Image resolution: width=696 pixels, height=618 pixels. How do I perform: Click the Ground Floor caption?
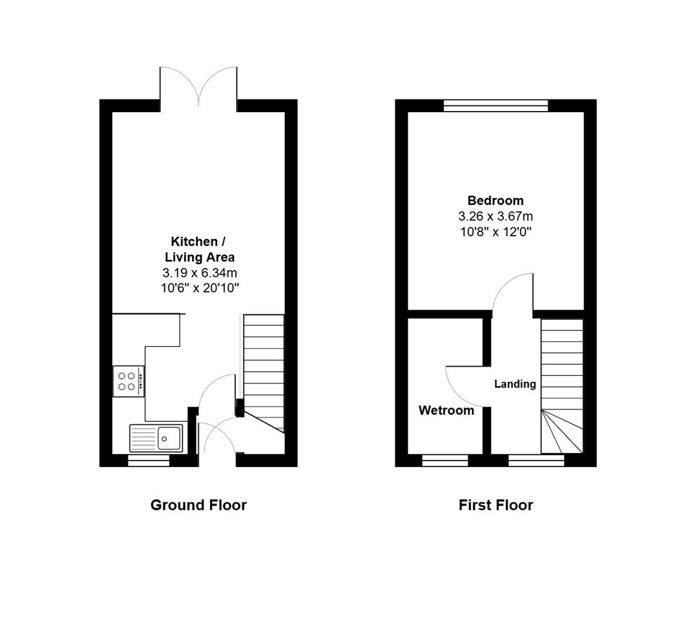(199, 505)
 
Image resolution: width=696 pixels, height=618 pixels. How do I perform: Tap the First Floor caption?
(496, 505)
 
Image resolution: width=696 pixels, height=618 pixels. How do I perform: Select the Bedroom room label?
(496, 200)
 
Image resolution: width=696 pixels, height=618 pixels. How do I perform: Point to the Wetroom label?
(446, 410)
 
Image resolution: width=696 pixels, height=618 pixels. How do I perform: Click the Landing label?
(515, 384)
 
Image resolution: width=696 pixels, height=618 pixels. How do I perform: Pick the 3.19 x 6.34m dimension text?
(199, 273)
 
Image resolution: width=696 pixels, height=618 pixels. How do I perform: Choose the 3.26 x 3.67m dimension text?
(496, 216)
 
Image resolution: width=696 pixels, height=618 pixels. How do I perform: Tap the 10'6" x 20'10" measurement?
(199, 288)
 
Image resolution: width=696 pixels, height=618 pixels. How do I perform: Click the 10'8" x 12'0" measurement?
(496, 232)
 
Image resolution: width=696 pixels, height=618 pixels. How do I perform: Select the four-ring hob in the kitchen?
(128, 381)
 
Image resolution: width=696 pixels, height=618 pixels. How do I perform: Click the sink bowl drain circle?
(164, 439)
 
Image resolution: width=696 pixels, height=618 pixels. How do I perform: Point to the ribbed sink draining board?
(143, 438)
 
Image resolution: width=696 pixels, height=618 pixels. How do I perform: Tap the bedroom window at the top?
(496, 106)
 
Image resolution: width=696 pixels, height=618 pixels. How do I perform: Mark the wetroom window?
(445, 461)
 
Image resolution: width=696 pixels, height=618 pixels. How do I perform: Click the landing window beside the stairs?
(536, 461)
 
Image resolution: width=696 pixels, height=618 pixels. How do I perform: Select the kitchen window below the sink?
(149, 461)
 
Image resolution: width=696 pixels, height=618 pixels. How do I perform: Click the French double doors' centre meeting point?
(199, 105)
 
